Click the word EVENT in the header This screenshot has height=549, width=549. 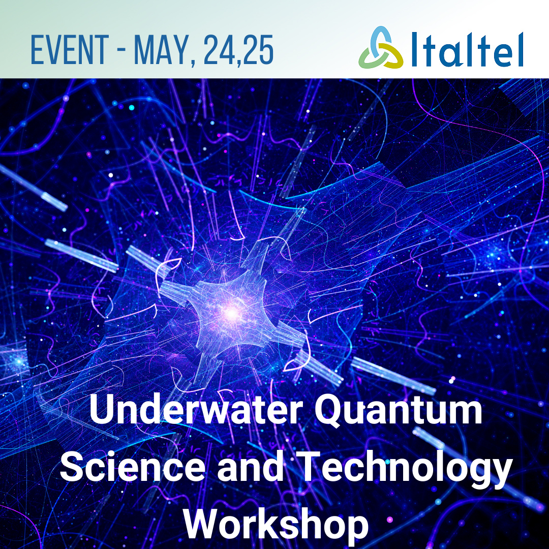point(70,50)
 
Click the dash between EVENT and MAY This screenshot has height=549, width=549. point(121,51)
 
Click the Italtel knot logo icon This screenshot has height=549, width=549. point(381,47)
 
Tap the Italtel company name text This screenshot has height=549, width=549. point(468,49)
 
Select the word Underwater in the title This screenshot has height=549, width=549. point(196,409)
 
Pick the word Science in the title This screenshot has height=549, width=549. point(133,467)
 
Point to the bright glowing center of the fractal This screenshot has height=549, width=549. point(231,313)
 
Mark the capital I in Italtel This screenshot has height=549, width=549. point(415,49)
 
